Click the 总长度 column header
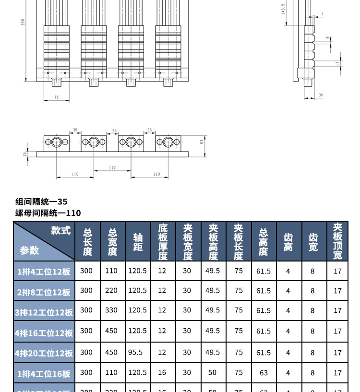pyautogui.click(x=87, y=241)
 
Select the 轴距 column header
pyautogui.click(x=138, y=241)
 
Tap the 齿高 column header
pyautogui.click(x=288, y=242)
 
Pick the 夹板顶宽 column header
pyautogui.click(x=338, y=241)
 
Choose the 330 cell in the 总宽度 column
pyautogui.click(x=111, y=310)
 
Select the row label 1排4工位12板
pyautogui.click(x=44, y=272)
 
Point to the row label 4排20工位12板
pyautogui.click(x=44, y=353)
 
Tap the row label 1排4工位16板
pyautogui.click(x=44, y=373)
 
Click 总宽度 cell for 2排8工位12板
pyautogui.click(x=111, y=290)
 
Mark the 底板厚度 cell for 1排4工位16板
pyautogui.click(x=162, y=372)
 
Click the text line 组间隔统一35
pyautogui.click(x=41, y=202)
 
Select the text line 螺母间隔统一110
pyautogui.click(x=48, y=213)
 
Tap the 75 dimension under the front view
pyautogui.click(x=56, y=97)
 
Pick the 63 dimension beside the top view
pyautogui.click(x=202, y=142)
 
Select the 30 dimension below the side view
pyautogui.click(x=321, y=95)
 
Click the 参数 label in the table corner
pyautogui.click(x=29, y=250)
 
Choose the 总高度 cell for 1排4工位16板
pyautogui.click(x=263, y=372)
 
